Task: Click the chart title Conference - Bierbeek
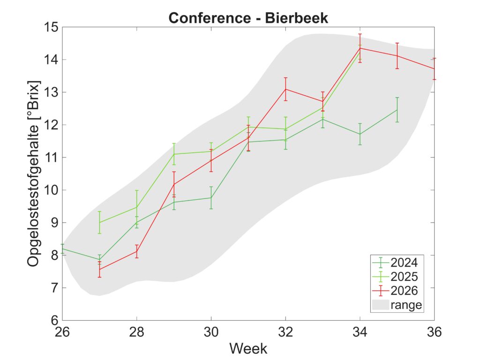click(248, 18)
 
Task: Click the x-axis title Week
click(248, 348)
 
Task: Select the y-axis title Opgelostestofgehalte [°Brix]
click(33, 174)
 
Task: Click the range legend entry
click(397, 305)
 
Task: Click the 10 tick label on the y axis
click(51, 190)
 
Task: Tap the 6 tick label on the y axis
click(54, 321)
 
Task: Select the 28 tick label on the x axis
click(136, 332)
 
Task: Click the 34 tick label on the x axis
click(360, 332)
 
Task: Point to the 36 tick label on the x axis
click(435, 332)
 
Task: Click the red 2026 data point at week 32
click(285, 89)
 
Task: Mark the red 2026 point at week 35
click(397, 56)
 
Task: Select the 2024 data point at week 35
click(397, 110)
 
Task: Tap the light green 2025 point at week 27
click(99, 222)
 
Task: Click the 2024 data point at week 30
click(211, 198)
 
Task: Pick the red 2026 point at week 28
click(136, 251)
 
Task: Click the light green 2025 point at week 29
click(174, 154)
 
